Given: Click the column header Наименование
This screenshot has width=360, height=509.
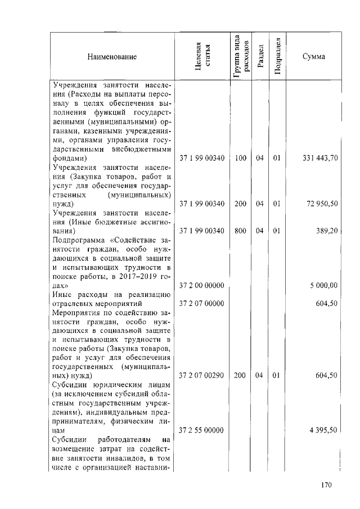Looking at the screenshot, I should tap(111, 57).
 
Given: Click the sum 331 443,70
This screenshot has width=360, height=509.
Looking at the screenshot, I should tap(319, 159).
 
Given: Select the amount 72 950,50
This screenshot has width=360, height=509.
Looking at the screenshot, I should tap(322, 204).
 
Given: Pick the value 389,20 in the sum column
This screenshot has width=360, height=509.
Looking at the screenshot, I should tap(327, 231).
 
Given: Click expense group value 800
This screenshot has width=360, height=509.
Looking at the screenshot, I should tap(241, 231).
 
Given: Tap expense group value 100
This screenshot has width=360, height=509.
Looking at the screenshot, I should tap(241, 159).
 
